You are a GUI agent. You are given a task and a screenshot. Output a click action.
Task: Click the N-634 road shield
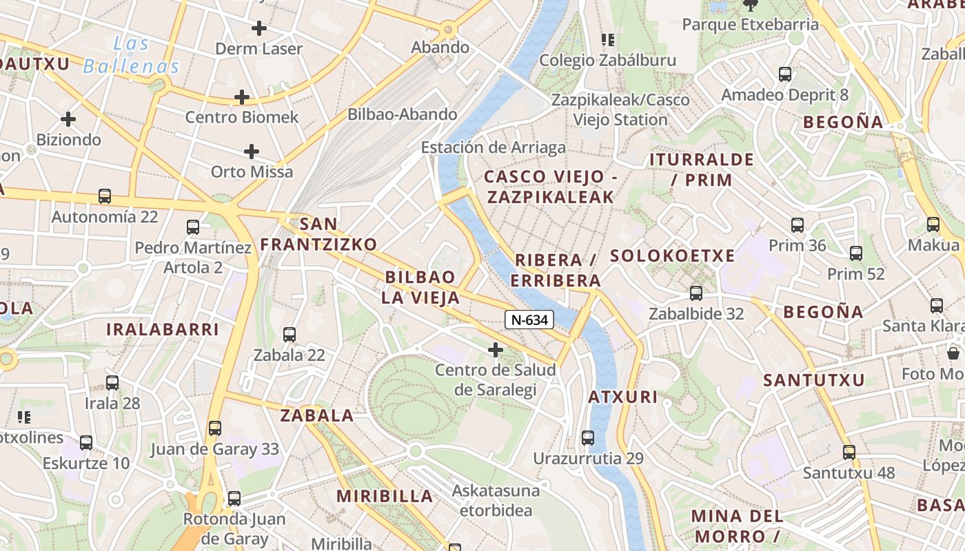click(x=529, y=320)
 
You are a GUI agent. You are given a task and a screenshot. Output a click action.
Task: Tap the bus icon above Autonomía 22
click(x=105, y=196)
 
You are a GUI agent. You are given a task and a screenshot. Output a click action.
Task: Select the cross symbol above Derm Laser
click(x=259, y=28)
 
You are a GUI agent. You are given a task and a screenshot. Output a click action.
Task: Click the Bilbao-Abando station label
click(x=403, y=114)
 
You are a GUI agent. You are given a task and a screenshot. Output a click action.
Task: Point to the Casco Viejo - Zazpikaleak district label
click(x=550, y=187)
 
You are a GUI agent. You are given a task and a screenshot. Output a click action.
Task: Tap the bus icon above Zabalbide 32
click(x=696, y=293)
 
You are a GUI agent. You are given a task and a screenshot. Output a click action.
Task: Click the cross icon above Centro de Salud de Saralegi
click(x=495, y=350)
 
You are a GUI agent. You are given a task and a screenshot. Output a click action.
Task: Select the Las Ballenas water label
click(x=131, y=55)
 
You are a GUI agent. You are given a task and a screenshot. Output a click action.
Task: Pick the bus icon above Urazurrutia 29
click(x=588, y=437)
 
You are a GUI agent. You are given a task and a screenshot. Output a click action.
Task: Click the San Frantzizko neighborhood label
click(x=318, y=234)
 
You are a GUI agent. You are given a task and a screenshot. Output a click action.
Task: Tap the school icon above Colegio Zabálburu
click(x=607, y=40)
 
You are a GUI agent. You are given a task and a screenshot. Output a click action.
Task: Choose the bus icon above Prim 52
click(x=856, y=253)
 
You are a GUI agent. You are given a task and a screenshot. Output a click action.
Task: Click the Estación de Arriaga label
click(x=493, y=147)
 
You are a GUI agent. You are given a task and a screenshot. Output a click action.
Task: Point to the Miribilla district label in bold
click(x=385, y=496)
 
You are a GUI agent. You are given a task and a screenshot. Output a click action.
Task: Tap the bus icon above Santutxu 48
click(x=849, y=453)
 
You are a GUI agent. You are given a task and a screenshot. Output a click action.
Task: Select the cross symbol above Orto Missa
click(x=252, y=152)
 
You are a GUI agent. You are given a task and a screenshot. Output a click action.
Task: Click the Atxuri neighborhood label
click(x=622, y=397)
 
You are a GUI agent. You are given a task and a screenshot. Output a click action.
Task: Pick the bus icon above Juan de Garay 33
click(x=215, y=428)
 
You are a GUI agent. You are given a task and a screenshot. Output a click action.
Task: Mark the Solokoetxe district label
click(x=672, y=256)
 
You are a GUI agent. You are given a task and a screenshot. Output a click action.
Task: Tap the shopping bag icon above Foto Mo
click(x=953, y=353)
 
